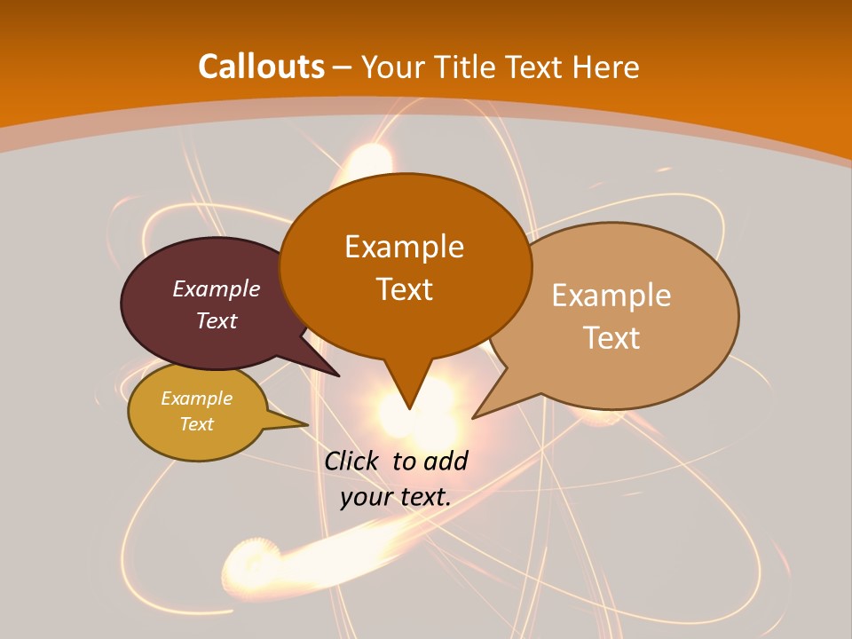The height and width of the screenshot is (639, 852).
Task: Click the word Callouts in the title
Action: [x=261, y=67]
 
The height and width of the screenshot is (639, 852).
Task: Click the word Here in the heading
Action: [x=606, y=67]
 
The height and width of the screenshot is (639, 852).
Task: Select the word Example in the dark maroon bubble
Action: [x=217, y=288]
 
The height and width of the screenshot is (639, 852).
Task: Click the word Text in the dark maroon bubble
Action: [x=217, y=320]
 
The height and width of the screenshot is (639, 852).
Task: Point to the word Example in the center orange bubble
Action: [x=404, y=247]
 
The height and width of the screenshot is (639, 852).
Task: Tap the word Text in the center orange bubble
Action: [x=404, y=289]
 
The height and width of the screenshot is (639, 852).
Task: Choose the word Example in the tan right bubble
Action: [x=611, y=296]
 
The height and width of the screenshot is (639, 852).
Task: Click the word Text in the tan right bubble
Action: [x=611, y=337]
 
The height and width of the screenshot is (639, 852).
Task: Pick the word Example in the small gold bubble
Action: [x=196, y=398]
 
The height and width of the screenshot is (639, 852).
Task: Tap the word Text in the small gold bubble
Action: [x=196, y=424]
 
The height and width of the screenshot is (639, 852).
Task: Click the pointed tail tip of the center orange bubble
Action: [x=409, y=409]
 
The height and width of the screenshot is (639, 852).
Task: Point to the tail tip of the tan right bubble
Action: [x=472, y=418]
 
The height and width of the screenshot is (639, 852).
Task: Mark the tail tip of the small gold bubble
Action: [x=307, y=424]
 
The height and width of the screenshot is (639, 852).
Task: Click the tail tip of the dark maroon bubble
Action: [x=339, y=376]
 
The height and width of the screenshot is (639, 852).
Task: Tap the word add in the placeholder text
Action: [x=446, y=461]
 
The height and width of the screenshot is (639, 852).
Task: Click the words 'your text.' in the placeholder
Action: [x=396, y=497]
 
